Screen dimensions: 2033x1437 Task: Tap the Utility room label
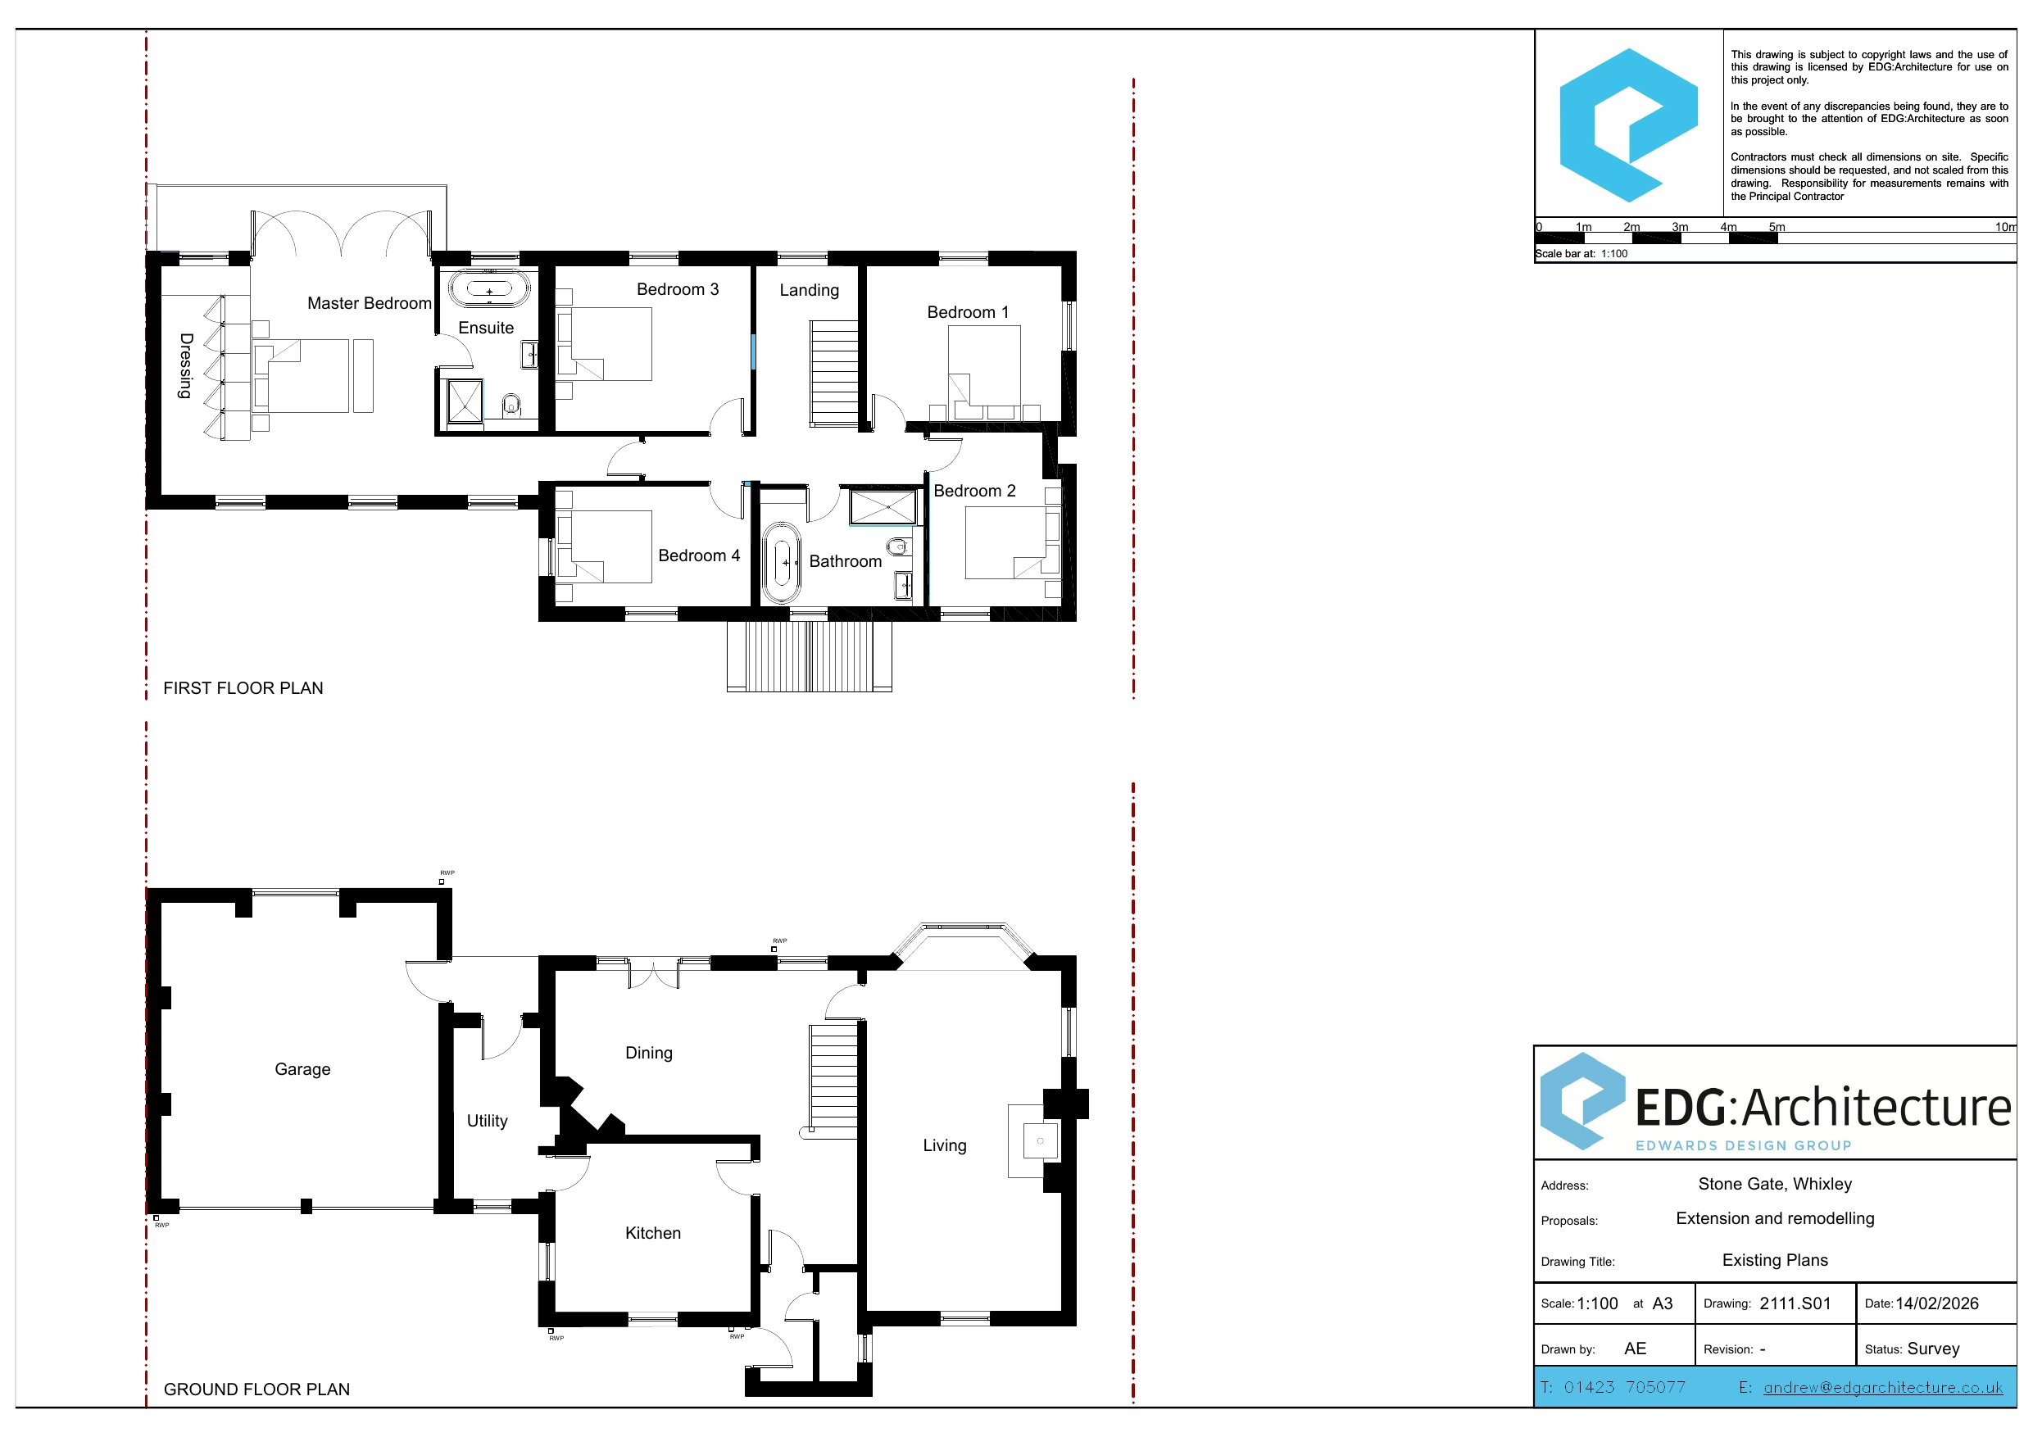(487, 1121)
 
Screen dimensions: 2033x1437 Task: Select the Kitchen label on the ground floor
(652, 1233)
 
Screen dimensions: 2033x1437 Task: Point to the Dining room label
(649, 1054)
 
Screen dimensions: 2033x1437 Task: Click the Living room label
(945, 1145)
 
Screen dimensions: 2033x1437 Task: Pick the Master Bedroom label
(370, 304)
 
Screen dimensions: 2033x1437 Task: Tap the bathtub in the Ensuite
(488, 289)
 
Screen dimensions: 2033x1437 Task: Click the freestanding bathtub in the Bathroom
(782, 563)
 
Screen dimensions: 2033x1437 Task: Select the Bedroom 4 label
(699, 556)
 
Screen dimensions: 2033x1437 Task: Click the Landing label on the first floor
(810, 290)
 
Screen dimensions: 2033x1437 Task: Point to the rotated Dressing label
(186, 365)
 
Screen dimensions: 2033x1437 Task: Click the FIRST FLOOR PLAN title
(243, 688)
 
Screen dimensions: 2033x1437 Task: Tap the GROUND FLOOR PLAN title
(256, 1389)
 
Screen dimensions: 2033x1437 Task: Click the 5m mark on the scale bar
(1777, 228)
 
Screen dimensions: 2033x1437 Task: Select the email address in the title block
(1883, 1387)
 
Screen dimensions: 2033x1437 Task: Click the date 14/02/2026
(1937, 1303)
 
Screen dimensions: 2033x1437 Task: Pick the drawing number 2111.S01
(1795, 1303)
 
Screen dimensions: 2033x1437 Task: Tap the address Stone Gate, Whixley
(1776, 1185)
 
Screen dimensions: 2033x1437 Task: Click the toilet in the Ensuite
(510, 406)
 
